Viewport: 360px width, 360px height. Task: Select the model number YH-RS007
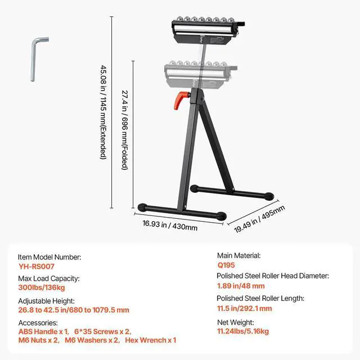[36, 267]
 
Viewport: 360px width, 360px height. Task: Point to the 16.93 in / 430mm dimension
[170, 227]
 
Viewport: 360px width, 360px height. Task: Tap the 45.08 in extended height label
[103, 112]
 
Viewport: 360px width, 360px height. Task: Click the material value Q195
[227, 265]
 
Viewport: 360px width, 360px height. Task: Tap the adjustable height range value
[74, 310]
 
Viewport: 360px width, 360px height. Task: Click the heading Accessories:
[38, 323]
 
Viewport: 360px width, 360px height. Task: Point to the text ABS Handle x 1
[43, 331]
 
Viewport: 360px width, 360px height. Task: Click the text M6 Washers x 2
[91, 340]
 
